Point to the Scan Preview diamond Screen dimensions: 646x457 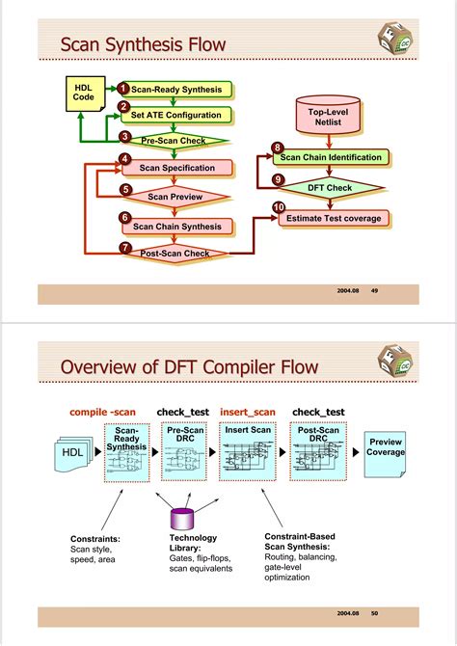point(175,197)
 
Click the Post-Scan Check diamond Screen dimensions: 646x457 point(175,254)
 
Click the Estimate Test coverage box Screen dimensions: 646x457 point(334,218)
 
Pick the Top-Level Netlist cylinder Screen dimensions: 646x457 point(329,117)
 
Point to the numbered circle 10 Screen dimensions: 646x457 point(279,207)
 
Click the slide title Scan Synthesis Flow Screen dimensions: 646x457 point(143,44)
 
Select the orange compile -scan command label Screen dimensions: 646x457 point(103,412)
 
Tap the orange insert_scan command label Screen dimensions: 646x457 point(248,412)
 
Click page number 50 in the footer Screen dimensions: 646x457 point(374,613)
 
